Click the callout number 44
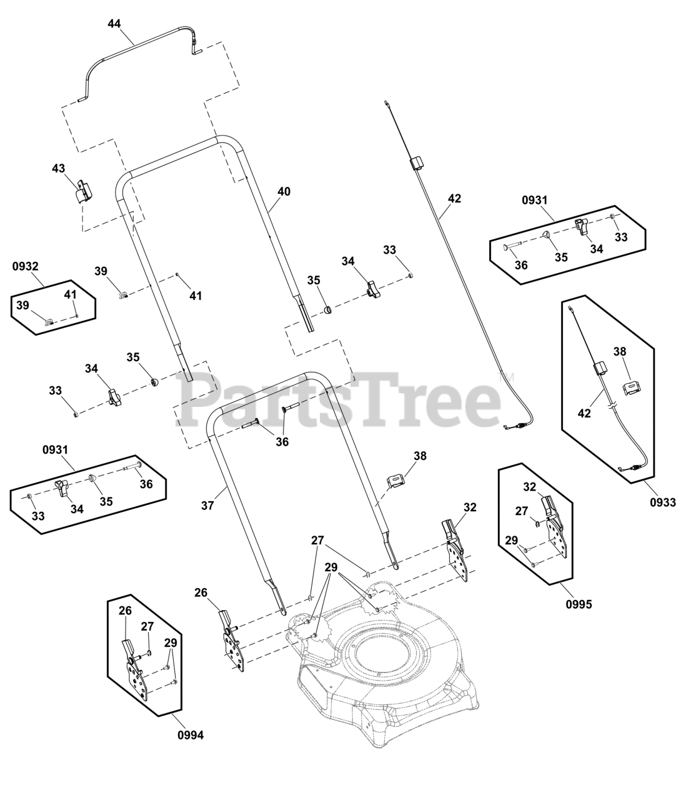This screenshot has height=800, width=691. pos(114,24)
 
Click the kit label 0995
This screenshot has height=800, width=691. pos(579,604)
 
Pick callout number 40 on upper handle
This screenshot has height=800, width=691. pos(284,192)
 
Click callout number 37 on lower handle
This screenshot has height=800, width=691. pos(207,506)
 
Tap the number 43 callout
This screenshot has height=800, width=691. pos(58,169)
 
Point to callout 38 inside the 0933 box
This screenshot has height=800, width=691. pos(619,352)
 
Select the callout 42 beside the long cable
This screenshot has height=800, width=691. pos(454,199)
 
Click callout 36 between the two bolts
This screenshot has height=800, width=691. pos(282,442)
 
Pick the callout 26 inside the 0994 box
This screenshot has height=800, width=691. pos(125,610)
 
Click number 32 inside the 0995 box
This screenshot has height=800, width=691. pos(529,487)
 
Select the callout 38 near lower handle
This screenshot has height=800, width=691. pos(420,456)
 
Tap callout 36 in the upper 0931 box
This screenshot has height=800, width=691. pos(520,265)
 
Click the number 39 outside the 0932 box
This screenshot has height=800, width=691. pos(101,271)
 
